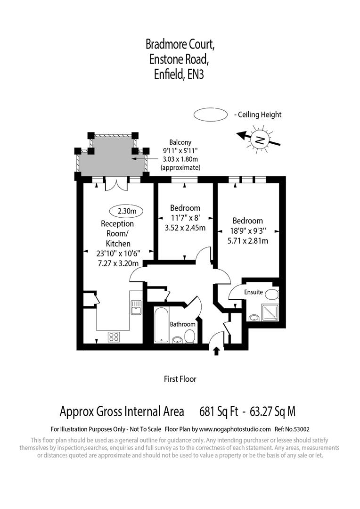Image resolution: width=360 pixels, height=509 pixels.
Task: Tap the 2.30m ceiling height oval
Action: [126, 211]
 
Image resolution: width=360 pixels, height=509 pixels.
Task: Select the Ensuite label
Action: [253, 292]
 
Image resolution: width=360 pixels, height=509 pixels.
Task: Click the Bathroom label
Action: [182, 324]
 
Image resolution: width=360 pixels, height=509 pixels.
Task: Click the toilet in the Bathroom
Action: [190, 336]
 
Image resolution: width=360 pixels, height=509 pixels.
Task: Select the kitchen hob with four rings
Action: [114, 337]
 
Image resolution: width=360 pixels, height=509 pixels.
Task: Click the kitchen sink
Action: [136, 307]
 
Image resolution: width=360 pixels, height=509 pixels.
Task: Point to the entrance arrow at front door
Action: [217, 351]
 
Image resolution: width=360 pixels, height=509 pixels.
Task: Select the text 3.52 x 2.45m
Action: [185, 229]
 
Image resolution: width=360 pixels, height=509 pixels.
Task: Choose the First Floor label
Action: [180, 379]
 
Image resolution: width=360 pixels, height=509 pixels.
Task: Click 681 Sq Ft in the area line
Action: [219, 411]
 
